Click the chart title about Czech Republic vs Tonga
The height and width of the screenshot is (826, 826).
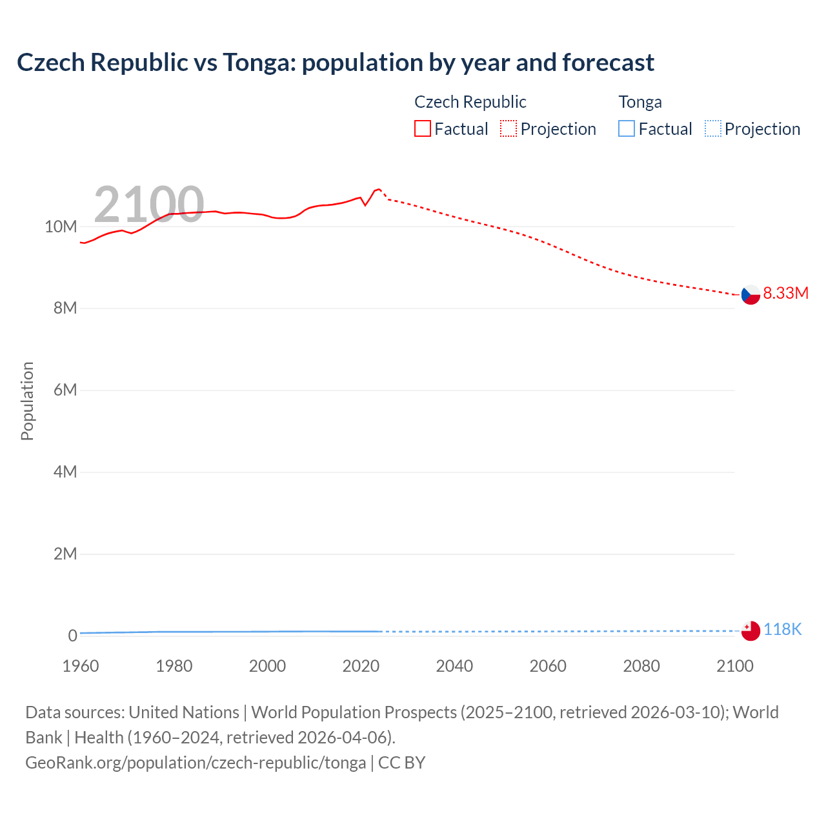[x=336, y=63]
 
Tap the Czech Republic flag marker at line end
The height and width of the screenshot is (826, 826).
[x=750, y=294]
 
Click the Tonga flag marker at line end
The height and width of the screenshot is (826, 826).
[x=750, y=630]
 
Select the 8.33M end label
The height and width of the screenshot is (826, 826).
[x=785, y=293]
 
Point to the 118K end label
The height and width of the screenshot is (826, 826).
[x=782, y=630]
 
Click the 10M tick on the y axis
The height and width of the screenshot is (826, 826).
[x=61, y=227]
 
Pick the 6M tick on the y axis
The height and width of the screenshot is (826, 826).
[x=65, y=390]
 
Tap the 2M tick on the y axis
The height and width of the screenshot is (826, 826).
[x=65, y=554]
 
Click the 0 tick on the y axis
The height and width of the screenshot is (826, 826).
[x=72, y=636]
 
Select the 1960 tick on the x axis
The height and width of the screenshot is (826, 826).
[x=81, y=666]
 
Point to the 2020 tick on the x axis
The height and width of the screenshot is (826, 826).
[x=361, y=666]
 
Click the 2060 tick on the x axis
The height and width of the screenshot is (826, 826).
[x=548, y=666]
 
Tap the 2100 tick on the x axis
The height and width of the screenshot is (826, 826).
[x=734, y=666]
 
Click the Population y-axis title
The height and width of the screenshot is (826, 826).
[x=27, y=401]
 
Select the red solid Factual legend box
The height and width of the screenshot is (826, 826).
[x=423, y=129]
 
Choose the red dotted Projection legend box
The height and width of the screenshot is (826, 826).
[x=509, y=129]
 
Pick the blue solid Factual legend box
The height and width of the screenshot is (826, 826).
[x=627, y=129]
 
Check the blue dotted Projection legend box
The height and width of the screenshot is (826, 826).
[x=712, y=129]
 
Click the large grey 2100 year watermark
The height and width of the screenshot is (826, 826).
[x=149, y=205]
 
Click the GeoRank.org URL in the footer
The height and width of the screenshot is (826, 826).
[x=196, y=763]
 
